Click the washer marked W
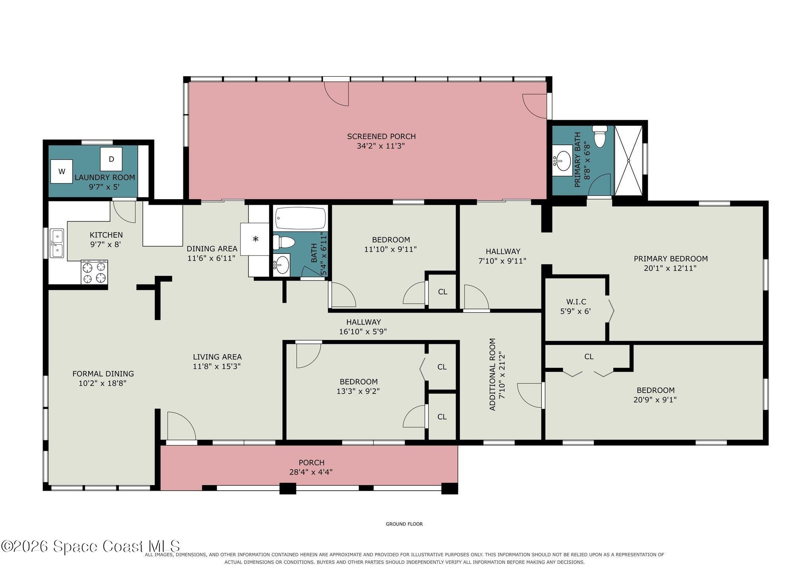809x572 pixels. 62,171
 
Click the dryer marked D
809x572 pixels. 111,159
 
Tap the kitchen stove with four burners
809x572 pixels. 94,272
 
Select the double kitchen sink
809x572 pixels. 57,244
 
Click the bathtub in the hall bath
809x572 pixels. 300,218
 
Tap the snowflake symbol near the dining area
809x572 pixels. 256,239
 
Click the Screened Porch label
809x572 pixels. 381,136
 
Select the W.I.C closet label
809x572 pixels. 576,302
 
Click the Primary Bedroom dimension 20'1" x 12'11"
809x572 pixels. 670,268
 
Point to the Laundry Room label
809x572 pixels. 105,177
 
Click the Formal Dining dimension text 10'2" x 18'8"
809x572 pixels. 103,383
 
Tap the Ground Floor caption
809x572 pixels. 404,524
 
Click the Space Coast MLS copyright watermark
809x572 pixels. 91,547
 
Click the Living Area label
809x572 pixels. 217,357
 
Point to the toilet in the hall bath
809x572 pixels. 283,242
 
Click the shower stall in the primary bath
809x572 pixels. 628,160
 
